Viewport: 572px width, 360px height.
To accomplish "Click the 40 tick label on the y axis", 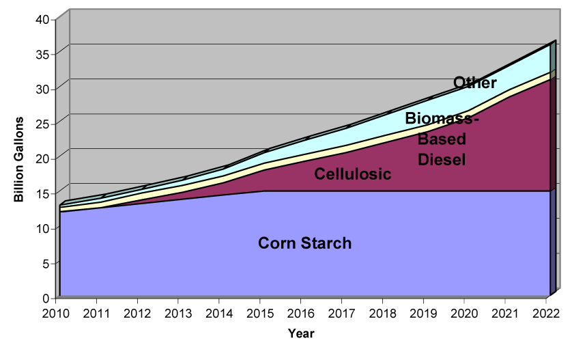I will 43,18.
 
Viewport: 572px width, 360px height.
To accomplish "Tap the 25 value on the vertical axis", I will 43,124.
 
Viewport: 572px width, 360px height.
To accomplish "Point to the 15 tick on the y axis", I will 43,193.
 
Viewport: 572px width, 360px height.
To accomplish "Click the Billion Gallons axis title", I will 20,158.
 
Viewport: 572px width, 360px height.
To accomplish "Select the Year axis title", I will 301,333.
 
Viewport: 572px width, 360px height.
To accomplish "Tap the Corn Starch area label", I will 304,243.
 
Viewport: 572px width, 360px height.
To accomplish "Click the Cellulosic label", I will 352,174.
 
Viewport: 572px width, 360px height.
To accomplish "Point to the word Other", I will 475,83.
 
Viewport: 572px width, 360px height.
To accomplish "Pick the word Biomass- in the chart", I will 442,118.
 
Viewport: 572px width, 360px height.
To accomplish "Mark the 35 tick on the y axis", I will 43,53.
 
